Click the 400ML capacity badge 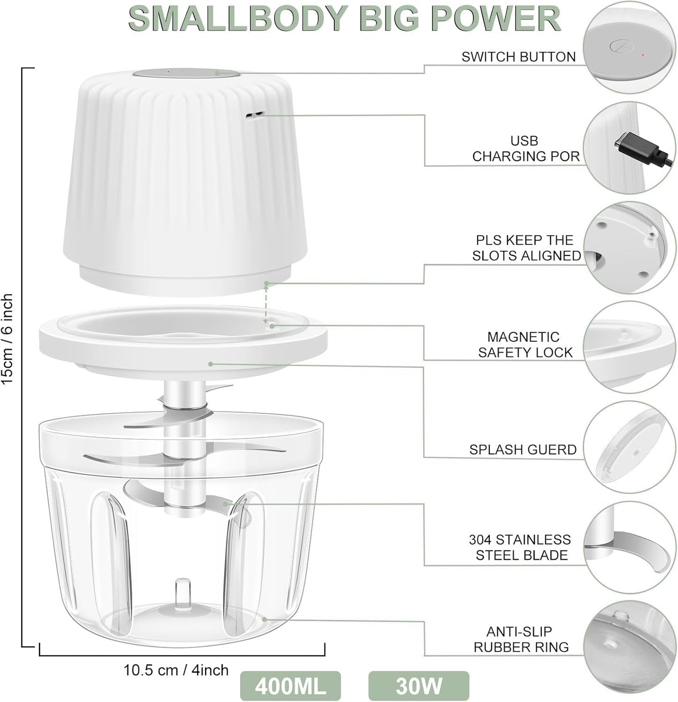tap(290, 686)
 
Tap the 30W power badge tap(419, 686)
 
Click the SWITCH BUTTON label tap(518, 57)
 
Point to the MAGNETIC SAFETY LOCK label tap(525, 345)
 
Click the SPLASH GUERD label tap(523, 449)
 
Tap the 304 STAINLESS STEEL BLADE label tap(520, 547)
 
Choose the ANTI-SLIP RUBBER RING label tap(521, 639)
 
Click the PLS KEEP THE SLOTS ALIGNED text tap(526, 248)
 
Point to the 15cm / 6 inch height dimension tap(8, 339)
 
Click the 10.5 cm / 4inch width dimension tap(176, 670)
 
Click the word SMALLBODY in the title tap(237, 19)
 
